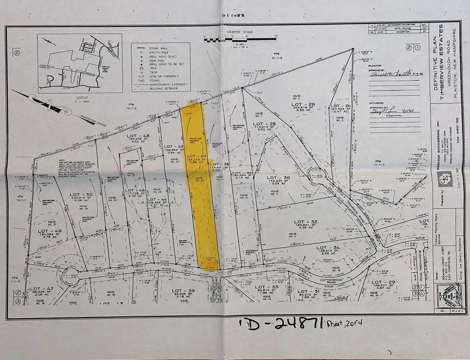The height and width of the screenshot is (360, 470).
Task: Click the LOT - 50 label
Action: pos(81,195)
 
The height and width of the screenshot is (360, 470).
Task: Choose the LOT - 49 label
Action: pos(50,231)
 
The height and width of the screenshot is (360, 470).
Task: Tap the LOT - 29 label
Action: pos(383,282)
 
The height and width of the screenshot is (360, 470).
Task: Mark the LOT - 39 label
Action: pos(184,291)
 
